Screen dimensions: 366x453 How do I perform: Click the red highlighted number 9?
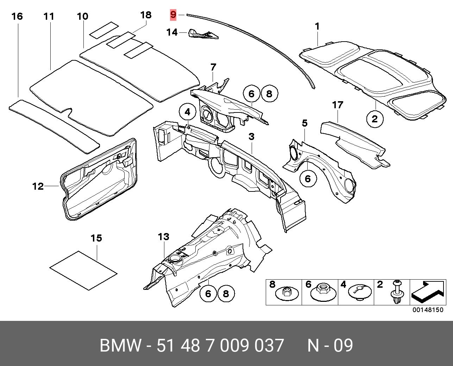click(173, 15)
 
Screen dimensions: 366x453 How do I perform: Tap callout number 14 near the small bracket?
click(172, 32)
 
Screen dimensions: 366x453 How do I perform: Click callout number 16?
click(17, 16)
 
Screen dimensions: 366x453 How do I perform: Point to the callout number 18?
click(146, 15)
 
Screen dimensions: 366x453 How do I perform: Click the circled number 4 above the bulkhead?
click(187, 112)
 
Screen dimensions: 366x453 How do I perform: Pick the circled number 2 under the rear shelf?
click(375, 118)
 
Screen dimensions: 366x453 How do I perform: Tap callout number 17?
click(337, 105)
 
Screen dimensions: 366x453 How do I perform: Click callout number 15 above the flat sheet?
click(96, 238)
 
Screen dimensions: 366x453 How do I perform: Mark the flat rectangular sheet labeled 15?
click(83, 270)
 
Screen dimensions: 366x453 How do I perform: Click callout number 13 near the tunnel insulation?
click(164, 237)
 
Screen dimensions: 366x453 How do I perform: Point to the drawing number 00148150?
click(428, 310)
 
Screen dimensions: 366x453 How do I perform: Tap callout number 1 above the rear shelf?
click(317, 26)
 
